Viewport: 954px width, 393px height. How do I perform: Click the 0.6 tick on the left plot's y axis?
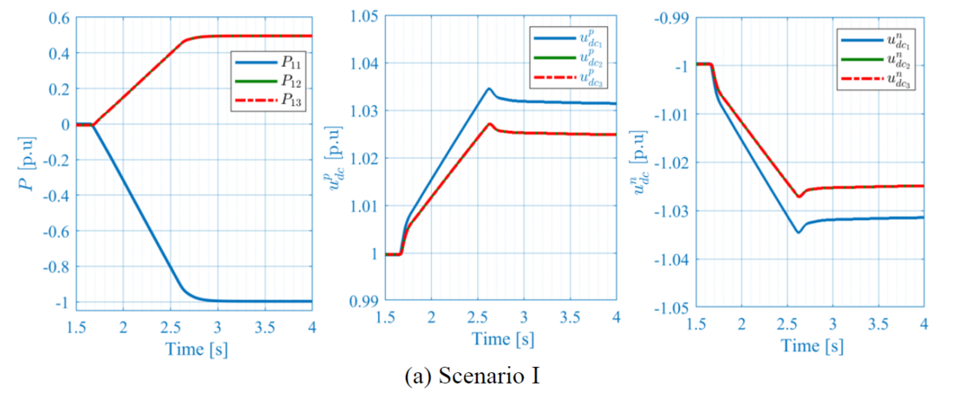(59, 18)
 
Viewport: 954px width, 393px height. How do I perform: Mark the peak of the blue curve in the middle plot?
(489, 88)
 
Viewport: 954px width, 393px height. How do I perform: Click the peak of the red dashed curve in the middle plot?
(490, 124)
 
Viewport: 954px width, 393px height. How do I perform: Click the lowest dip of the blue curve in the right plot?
(799, 232)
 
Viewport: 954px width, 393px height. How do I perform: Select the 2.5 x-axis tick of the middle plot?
(477, 319)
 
